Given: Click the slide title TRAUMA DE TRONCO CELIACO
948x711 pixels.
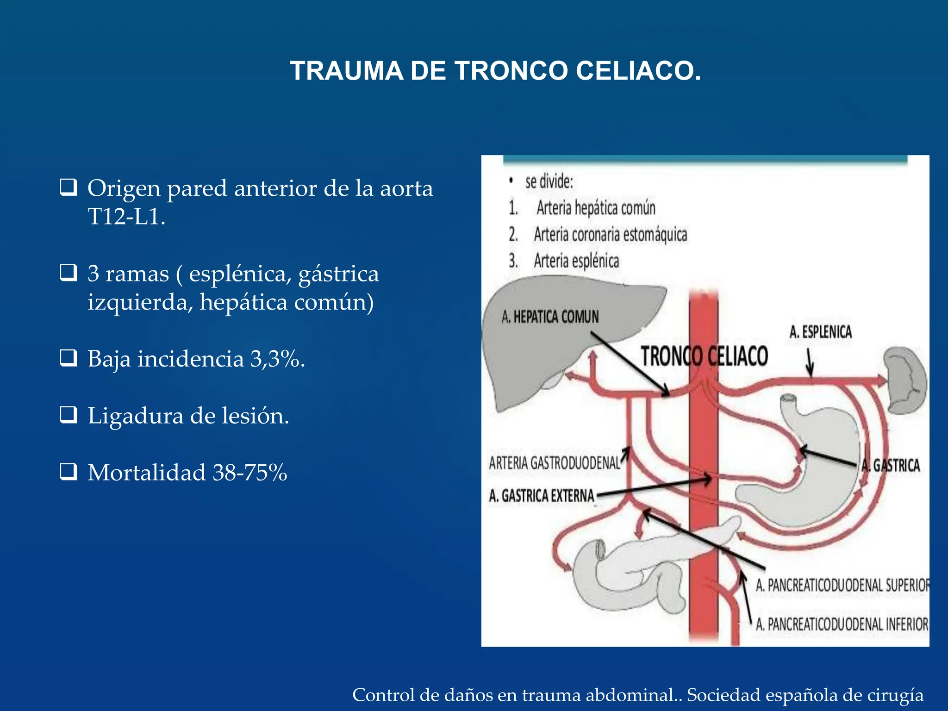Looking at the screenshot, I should coord(495,71).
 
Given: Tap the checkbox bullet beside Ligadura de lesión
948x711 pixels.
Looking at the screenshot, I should coord(69,415).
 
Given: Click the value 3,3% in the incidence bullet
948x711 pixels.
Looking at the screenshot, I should coord(277,359).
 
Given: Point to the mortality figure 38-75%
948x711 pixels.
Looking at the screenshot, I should coord(249,473).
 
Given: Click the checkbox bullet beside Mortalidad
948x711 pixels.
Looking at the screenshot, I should coord(69,472).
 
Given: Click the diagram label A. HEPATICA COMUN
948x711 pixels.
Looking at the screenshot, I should coord(550,317).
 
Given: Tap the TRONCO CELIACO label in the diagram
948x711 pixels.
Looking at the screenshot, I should coord(704,356).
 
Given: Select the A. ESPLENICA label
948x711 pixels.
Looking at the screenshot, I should coord(820,332).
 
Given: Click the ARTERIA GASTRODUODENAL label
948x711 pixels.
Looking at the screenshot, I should coord(554,462).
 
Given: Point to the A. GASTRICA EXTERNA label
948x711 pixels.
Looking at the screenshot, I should coord(541,496).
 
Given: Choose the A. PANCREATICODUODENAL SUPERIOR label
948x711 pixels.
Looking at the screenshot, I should coord(842,585).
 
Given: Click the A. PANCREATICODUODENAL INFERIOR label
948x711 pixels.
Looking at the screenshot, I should coord(842,624).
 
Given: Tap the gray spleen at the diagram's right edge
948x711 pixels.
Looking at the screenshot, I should coord(905,380).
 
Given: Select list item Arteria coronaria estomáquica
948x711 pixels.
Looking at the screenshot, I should coord(610,235).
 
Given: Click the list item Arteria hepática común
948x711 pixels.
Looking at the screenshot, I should coord(596,208).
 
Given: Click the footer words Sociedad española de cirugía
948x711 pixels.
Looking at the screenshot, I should coord(805,695).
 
